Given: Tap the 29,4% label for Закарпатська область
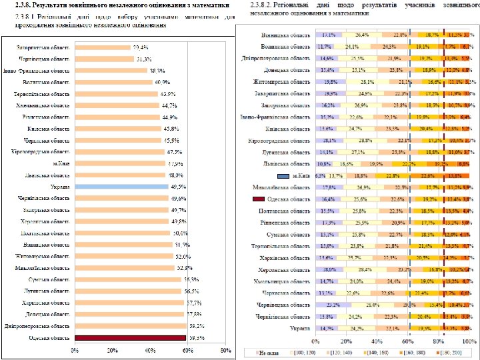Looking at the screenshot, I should (140, 48).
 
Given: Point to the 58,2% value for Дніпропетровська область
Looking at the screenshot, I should (196, 327).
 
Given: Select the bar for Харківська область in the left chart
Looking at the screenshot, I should (129, 303).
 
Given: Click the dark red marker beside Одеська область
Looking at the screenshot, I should (259, 199).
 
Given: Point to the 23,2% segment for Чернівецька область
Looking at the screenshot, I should (333, 305).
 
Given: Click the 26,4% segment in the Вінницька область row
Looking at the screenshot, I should (363, 34).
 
